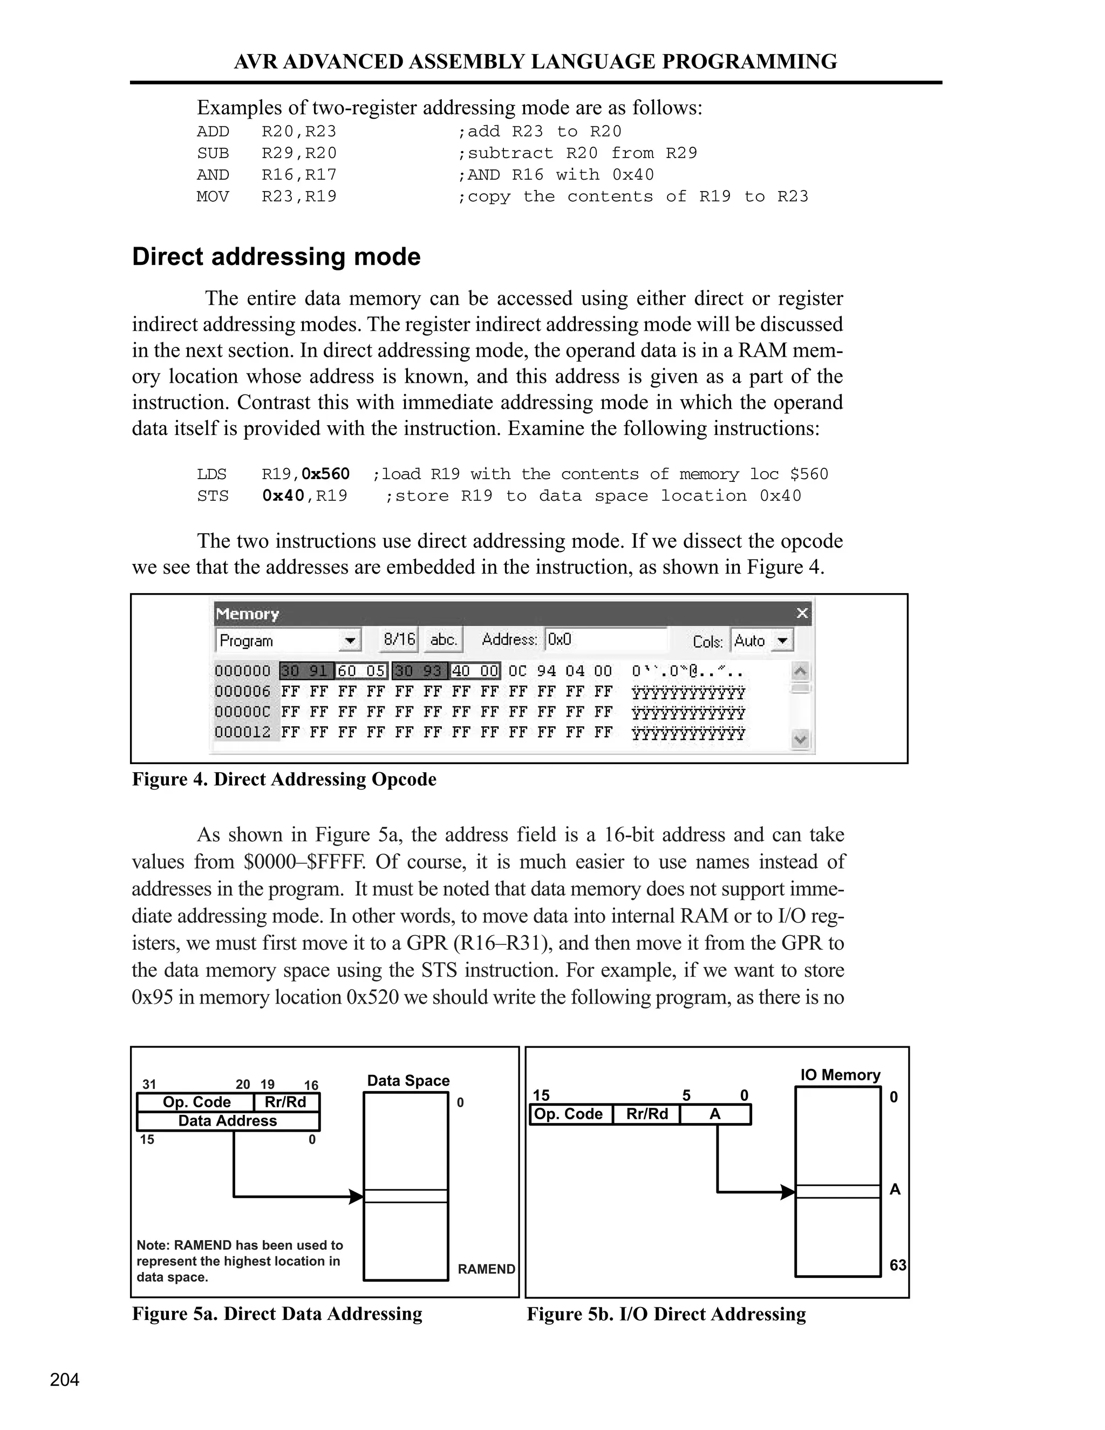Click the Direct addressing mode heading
point(276,257)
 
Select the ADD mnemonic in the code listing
point(213,132)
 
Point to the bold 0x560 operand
point(325,474)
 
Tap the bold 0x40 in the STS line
point(283,496)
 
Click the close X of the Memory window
point(802,614)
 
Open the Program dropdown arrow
point(351,641)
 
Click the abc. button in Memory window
point(443,639)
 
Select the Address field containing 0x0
point(605,639)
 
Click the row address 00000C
point(242,712)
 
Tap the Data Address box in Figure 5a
point(228,1121)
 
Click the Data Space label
point(408,1081)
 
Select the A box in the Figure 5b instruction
point(715,1114)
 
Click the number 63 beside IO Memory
point(897,1265)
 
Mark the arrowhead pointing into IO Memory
point(788,1191)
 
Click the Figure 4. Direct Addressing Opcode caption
point(284,779)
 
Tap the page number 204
point(65,1380)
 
